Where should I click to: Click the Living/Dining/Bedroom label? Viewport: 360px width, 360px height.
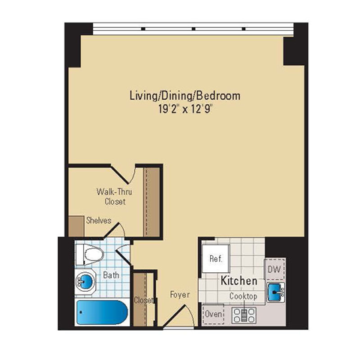click(184, 95)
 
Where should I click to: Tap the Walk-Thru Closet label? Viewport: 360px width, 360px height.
click(110, 196)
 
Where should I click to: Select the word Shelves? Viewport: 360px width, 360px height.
click(98, 220)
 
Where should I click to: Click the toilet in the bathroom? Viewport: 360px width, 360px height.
click(91, 256)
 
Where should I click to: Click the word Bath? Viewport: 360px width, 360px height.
click(111, 275)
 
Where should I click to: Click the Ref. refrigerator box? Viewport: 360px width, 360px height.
click(216, 259)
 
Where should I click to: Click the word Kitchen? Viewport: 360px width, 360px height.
click(239, 280)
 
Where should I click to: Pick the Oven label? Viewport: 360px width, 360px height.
click(214, 313)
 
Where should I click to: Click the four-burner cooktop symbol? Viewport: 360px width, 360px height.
click(244, 316)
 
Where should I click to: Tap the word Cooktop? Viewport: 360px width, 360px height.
click(243, 296)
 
